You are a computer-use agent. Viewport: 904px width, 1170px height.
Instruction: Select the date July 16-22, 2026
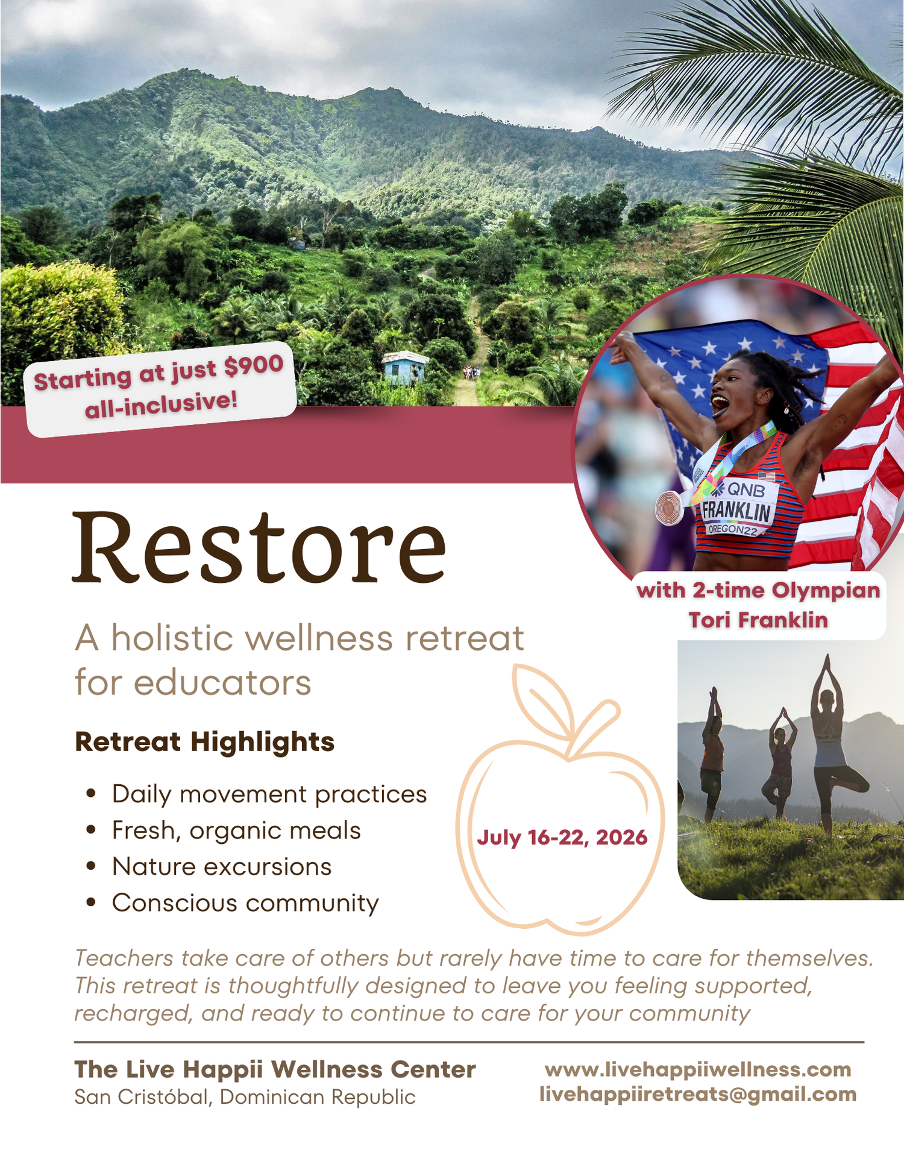point(562,837)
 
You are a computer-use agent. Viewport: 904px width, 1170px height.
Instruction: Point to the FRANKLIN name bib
point(736,510)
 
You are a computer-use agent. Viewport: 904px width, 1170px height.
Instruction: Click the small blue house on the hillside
point(404,368)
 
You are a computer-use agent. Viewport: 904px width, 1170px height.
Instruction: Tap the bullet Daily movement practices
point(269,794)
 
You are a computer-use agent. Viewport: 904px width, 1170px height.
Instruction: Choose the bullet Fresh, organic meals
point(236,831)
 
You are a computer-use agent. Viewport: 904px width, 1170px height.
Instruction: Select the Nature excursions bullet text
point(222,867)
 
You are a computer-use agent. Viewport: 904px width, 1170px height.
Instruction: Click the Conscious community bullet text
point(245,903)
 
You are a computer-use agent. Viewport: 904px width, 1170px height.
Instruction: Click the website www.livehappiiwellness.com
point(698,1069)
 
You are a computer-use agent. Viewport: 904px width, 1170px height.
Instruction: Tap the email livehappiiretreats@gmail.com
point(698,1094)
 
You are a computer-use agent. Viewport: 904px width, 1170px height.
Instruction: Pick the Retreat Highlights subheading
point(204,742)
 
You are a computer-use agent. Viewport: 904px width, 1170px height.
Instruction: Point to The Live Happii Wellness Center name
point(275,1069)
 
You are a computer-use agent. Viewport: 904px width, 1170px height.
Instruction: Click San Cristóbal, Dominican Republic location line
point(245,1097)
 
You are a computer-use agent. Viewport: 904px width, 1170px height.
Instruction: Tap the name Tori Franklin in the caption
point(758,620)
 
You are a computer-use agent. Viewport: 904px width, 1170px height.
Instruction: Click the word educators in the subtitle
point(222,683)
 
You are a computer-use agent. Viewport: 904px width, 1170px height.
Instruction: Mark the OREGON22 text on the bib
point(733,529)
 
